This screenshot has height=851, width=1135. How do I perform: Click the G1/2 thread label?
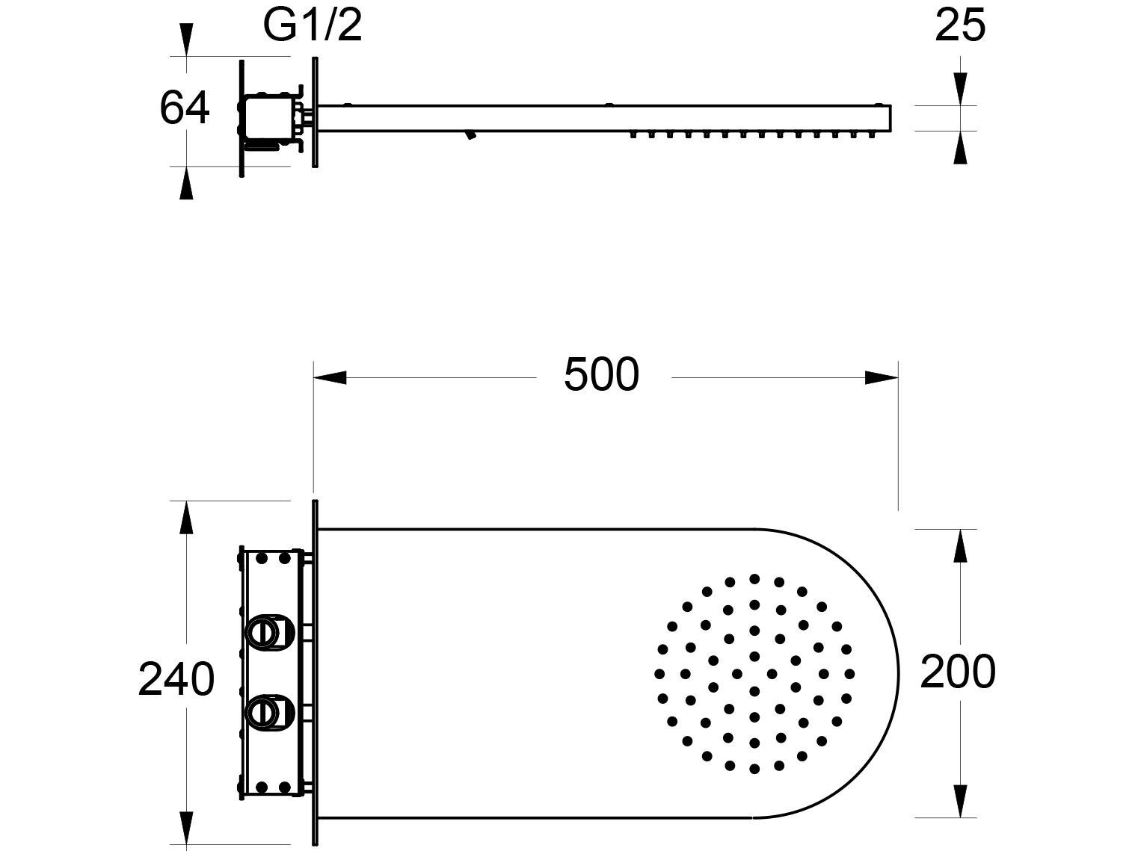(x=313, y=26)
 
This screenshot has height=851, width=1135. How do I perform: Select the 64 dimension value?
(x=185, y=108)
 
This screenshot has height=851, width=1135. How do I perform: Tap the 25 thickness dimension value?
(x=960, y=26)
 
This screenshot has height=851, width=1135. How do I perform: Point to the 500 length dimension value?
(x=602, y=375)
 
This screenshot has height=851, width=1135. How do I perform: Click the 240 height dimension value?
(x=176, y=680)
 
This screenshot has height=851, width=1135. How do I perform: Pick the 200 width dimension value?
(x=958, y=672)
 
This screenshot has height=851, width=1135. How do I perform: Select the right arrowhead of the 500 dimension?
(x=882, y=377)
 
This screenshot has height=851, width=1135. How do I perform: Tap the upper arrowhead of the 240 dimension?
(x=185, y=518)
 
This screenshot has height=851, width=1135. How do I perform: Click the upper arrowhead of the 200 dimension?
(x=961, y=546)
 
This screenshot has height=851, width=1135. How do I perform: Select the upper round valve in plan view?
(x=262, y=632)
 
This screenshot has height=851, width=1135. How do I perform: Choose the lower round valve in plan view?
(x=262, y=711)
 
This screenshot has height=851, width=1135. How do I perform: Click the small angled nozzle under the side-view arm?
(x=470, y=135)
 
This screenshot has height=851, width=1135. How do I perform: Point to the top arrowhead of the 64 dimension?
(x=185, y=38)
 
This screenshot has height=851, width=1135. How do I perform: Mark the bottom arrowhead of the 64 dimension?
(x=185, y=184)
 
